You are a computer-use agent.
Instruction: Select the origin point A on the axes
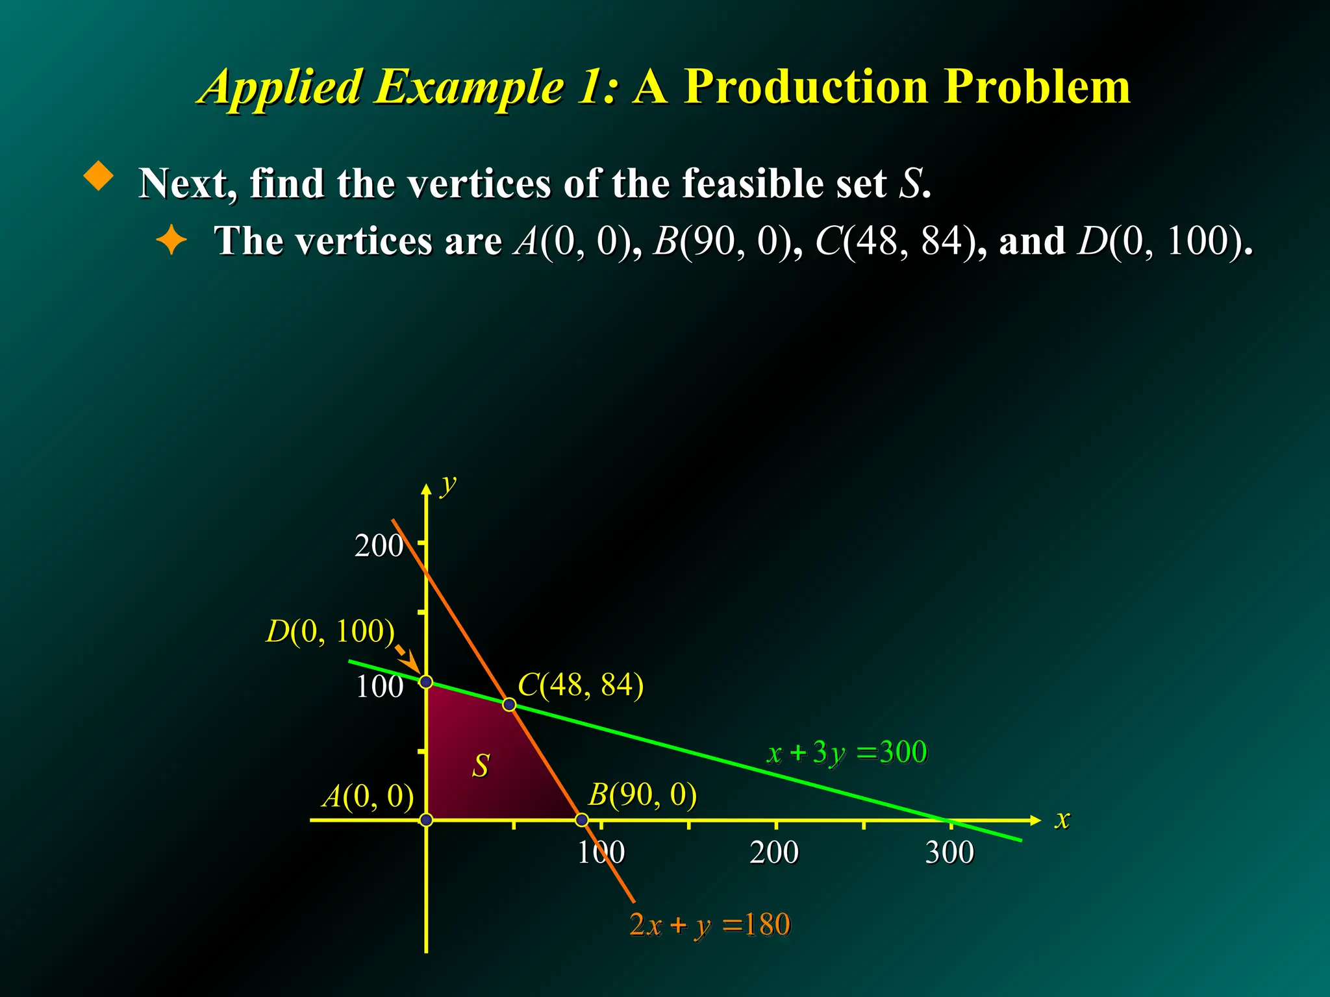click(426, 820)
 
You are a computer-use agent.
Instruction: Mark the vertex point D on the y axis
click(425, 682)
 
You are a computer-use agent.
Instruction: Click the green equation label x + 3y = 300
click(847, 753)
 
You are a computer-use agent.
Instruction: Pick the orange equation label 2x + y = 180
click(709, 924)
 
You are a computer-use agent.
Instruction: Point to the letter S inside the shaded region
click(481, 766)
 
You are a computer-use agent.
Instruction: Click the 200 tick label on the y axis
click(379, 545)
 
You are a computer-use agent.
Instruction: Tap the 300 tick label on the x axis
click(949, 852)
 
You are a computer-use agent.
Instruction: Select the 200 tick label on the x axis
click(774, 852)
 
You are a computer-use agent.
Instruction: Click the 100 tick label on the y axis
click(379, 686)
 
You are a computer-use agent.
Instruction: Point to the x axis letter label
click(1062, 819)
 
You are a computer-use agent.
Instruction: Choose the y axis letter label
click(448, 484)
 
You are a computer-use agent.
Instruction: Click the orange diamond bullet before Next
click(99, 176)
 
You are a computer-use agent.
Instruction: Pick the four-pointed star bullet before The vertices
click(171, 240)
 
